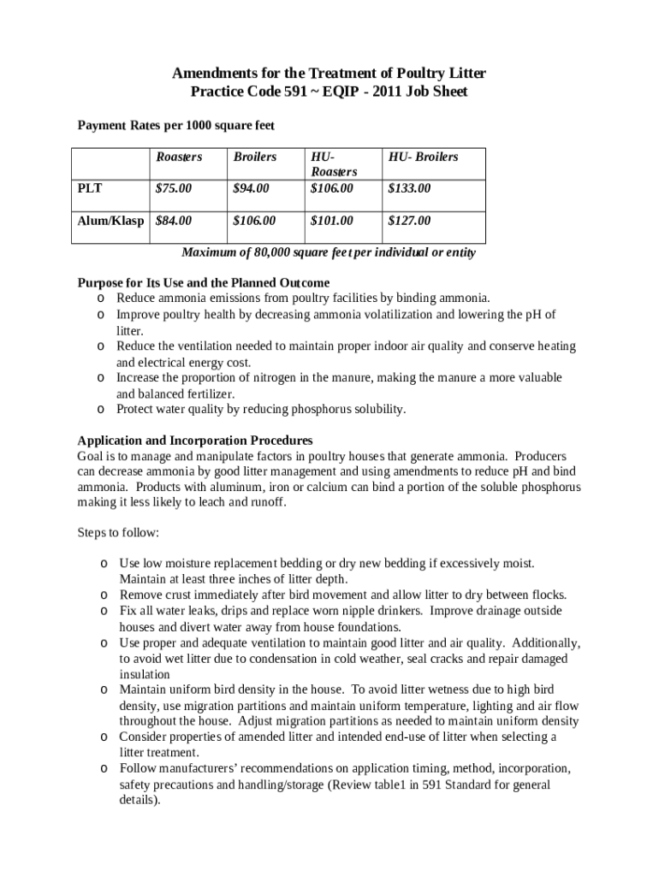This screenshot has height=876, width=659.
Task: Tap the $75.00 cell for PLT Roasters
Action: [174, 187]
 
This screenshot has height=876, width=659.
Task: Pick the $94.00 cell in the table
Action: [251, 187]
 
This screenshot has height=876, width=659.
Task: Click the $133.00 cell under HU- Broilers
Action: [409, 187]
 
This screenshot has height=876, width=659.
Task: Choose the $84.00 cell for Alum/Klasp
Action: [174, 221]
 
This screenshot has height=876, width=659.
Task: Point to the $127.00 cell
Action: [409, 221]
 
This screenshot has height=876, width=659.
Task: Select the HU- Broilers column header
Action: [423, 157]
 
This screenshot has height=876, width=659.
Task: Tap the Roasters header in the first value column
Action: [179, 157]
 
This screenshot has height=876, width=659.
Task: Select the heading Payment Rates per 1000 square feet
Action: [175, 126]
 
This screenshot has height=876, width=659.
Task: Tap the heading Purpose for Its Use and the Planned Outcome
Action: [204, 282]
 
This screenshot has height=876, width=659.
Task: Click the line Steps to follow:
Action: [118, 532]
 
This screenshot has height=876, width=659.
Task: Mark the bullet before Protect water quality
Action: [100, 409]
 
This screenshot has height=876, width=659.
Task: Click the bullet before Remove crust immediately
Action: [103, 595]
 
